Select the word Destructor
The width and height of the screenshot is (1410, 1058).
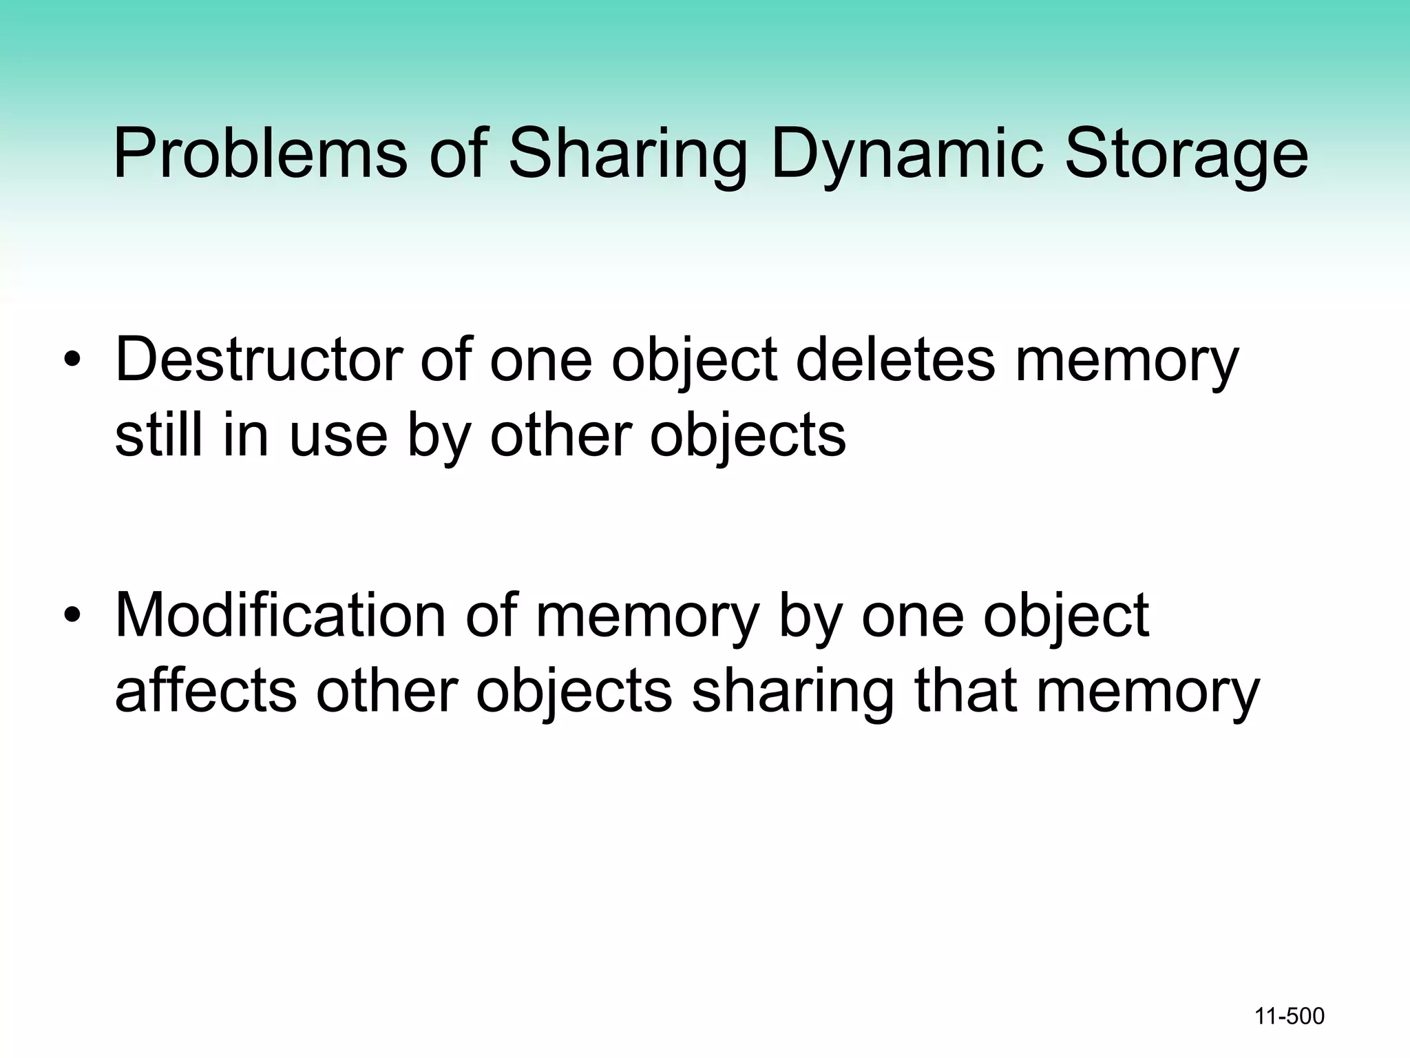tap(259, 360)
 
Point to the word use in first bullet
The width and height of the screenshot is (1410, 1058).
tap(338, 435)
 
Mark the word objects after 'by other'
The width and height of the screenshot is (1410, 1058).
tap(748, 435)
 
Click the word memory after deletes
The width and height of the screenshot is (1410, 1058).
tap(1126, 360)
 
